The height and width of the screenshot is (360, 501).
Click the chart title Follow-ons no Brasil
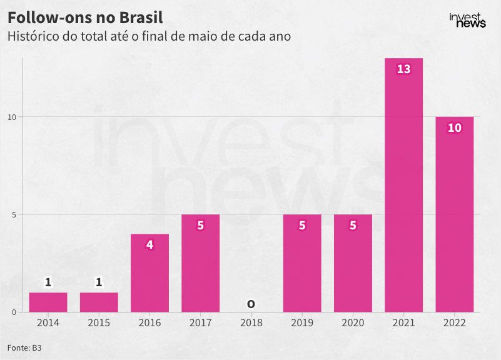click(85, 17)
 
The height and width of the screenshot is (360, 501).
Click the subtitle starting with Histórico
click(149, 36)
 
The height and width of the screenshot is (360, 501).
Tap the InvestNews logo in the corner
click(467, 21)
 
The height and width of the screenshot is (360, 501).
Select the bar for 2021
click(403, 187)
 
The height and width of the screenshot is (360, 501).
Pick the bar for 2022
click(454, 216)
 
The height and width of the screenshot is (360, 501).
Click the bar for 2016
click(149, 274)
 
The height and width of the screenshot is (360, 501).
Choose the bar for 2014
click(48, 302)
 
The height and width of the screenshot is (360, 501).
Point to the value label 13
click(403, 69)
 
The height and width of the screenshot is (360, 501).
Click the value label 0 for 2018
click(251, 304)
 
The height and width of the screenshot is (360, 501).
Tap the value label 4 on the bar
click(149, 244)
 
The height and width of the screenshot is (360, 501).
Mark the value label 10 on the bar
click(454, 127)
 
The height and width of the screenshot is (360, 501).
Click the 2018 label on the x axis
click(251, 323)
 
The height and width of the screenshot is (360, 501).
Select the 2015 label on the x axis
click(99, 323)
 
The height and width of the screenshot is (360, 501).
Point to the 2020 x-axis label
click(353, 323)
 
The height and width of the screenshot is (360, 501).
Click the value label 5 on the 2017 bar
click(200, 225)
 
